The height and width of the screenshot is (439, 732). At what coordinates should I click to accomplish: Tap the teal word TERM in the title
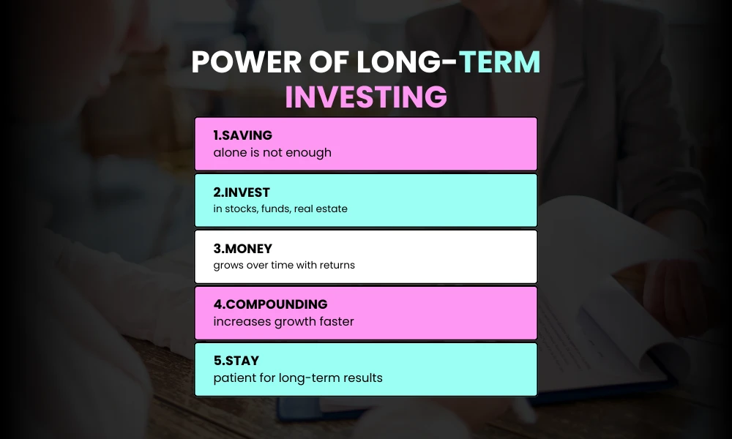point(500,64)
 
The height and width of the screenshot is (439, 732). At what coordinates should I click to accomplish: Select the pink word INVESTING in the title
point(366,97)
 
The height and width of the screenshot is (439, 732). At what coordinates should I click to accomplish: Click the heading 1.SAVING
point(242,135)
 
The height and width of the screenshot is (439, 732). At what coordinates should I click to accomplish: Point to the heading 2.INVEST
point(242,192)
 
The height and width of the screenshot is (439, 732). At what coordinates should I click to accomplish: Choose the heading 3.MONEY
point(242,249)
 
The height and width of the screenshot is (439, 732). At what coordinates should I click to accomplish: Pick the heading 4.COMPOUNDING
point(270,304)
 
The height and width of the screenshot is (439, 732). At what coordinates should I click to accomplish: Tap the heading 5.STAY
point(235,361)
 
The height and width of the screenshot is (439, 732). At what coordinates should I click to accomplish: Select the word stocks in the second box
point(242,209)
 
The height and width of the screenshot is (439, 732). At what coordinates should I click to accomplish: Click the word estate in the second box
point(330,209)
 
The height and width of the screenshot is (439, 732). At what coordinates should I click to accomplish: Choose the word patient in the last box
point(234,378)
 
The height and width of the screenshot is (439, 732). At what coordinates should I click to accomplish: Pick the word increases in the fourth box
point(241,322)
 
